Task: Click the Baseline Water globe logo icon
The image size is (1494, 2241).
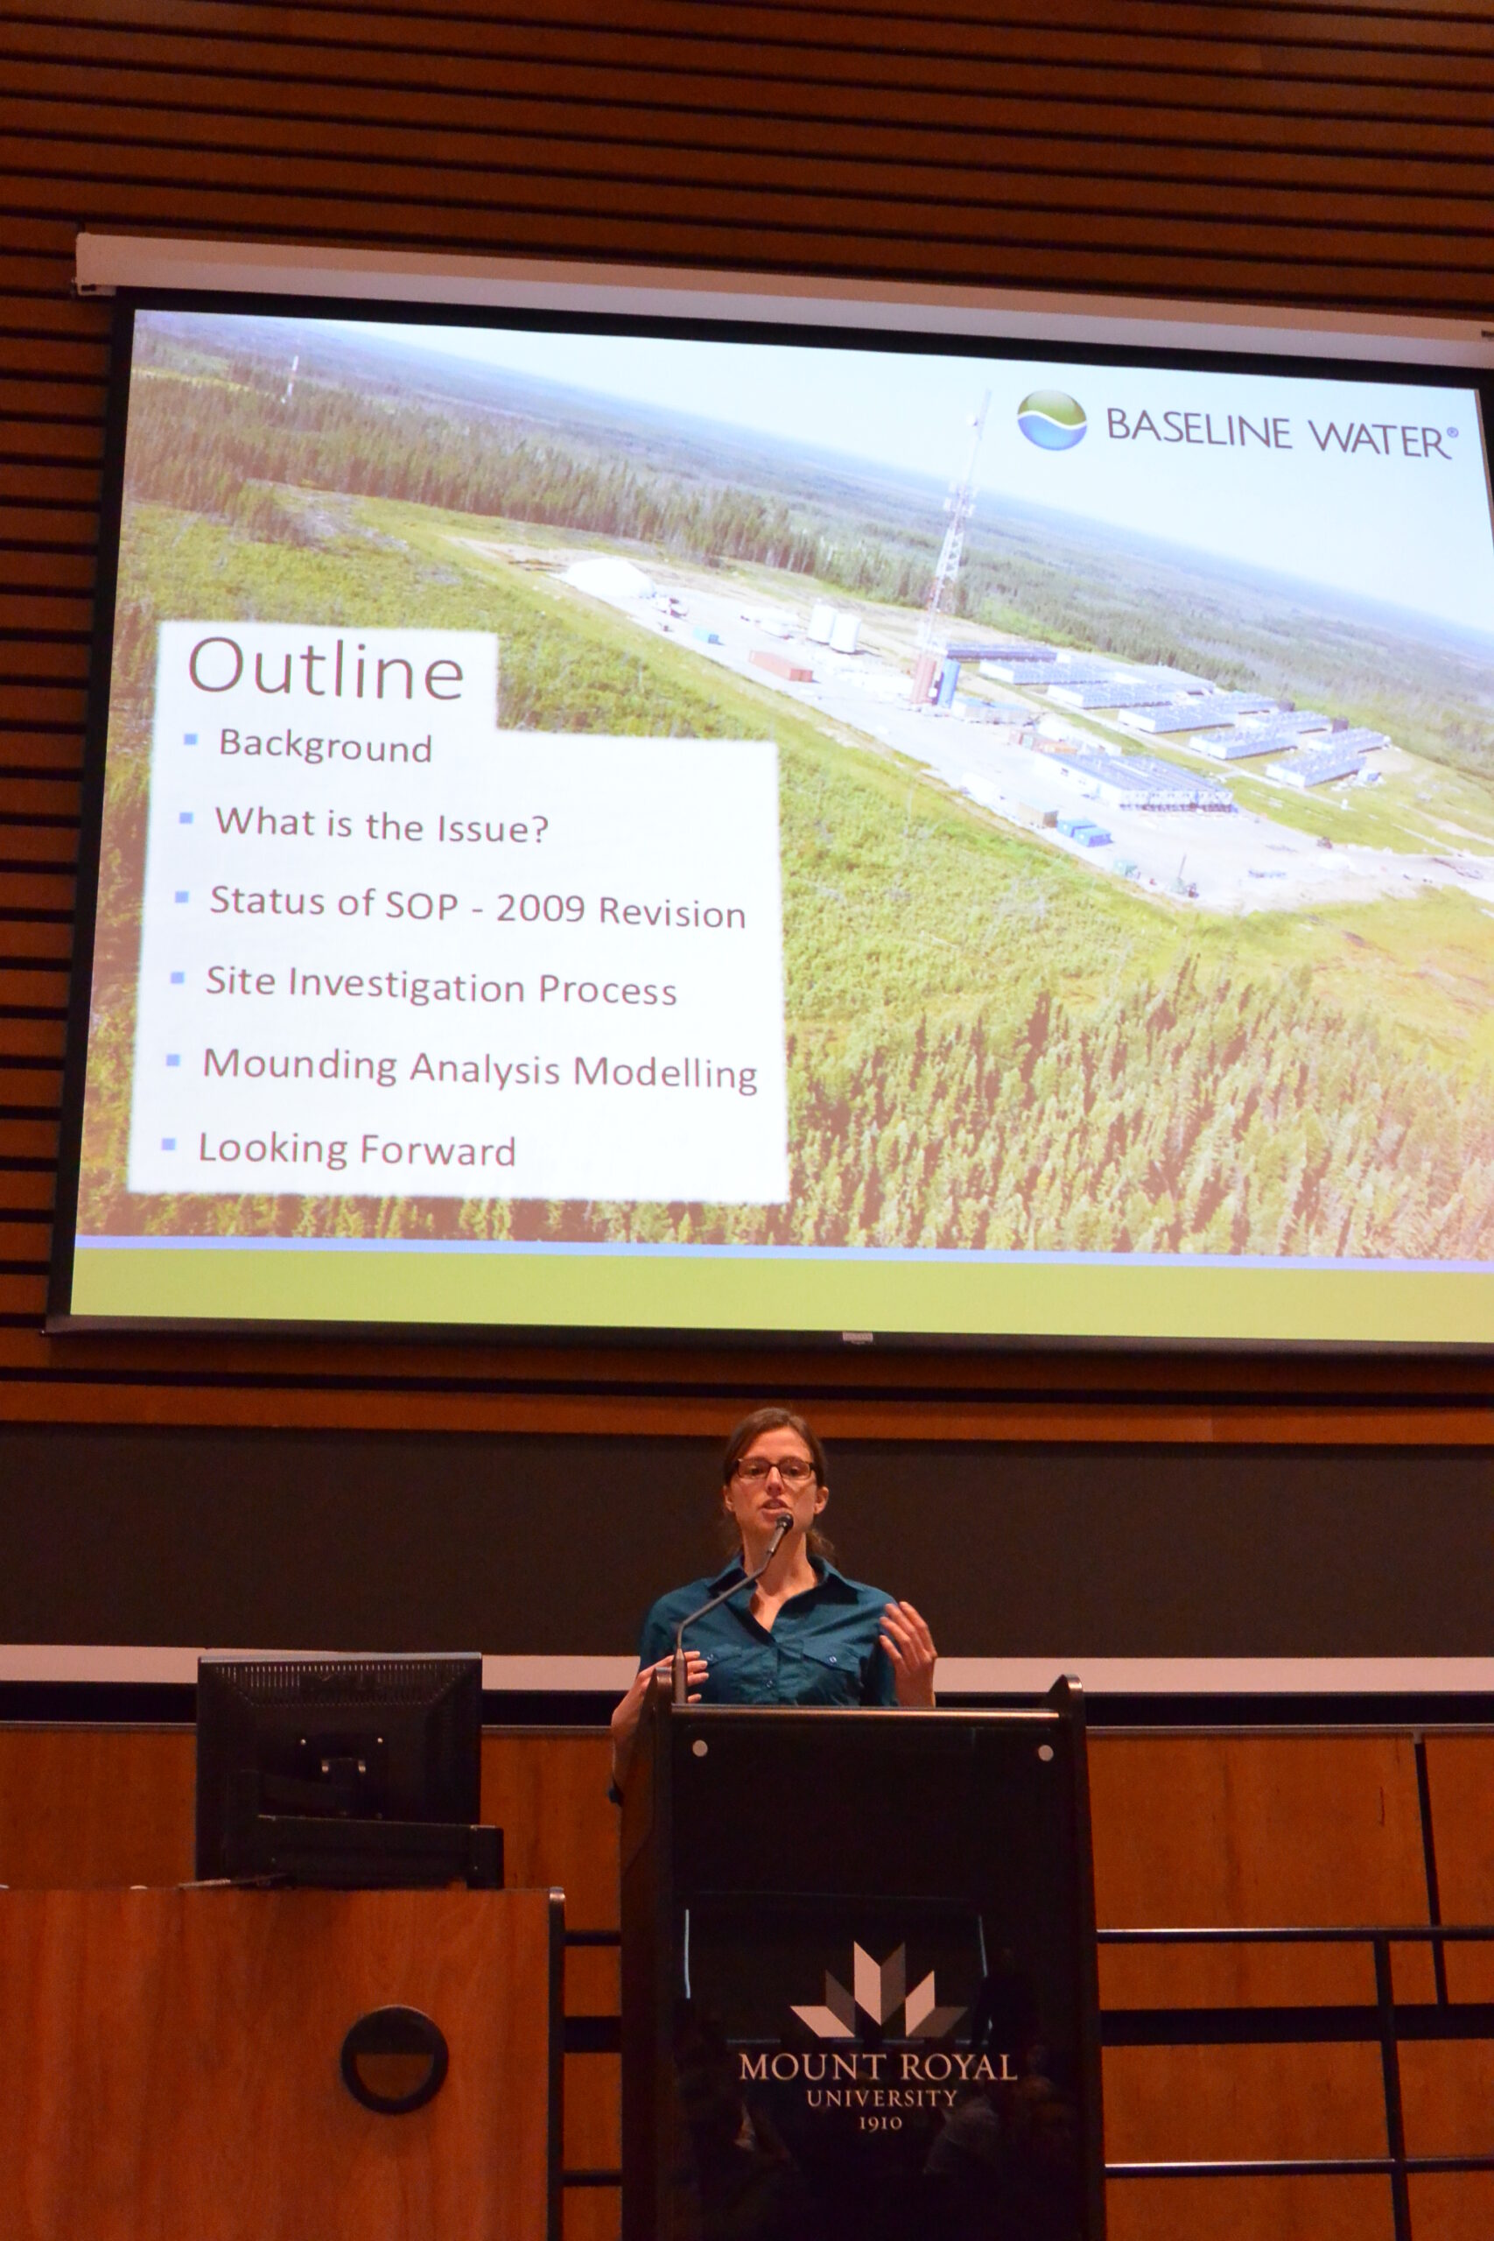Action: coord(1052,419)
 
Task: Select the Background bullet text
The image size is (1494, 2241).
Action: coord(325,746)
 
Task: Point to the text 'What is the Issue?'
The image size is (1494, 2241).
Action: coord(381,824)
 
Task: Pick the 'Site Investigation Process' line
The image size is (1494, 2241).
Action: coord(441,987)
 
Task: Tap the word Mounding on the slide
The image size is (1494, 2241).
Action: coord(300,1065)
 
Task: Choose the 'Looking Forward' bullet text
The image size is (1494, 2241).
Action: coord(356,1150)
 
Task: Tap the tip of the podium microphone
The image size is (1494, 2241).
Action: coord(784,1520)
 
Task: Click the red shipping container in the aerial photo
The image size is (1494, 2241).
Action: coord(781,665)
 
